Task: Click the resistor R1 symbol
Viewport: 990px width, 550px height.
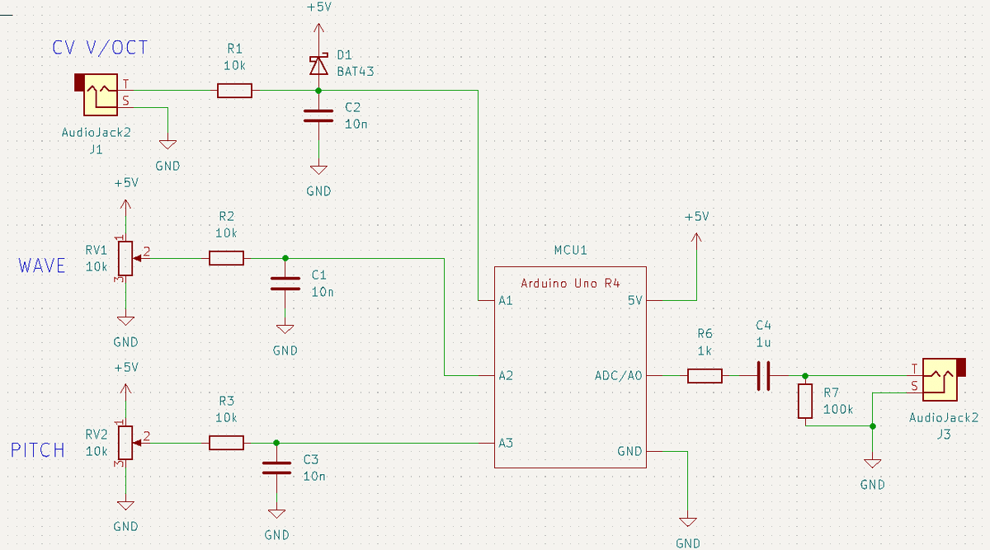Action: pos(234,91)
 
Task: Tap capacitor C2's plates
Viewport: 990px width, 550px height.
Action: pos(318,115)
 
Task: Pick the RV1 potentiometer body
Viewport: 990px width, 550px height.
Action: pos(125,258)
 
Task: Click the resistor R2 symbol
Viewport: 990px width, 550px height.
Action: pos(226,258)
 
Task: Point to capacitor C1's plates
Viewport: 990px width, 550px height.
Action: pos(285,283)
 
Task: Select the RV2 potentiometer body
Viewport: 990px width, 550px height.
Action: pos(125,443)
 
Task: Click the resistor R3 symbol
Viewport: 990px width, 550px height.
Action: pos(226,443)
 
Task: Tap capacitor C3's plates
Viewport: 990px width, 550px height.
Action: pos(276,468)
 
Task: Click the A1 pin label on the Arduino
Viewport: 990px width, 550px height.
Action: pos(506,300)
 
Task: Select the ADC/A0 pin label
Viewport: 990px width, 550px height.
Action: pos(618,376)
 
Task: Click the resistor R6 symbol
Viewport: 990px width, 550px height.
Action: pos(705,376)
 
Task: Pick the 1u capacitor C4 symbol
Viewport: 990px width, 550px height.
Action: pos(763,376)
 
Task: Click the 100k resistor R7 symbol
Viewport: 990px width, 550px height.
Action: pos(805,401)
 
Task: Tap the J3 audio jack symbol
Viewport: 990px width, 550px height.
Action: pos(940,380)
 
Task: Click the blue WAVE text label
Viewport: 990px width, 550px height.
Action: pos(41,266)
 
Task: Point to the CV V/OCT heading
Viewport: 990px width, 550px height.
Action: pos(100,48)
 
